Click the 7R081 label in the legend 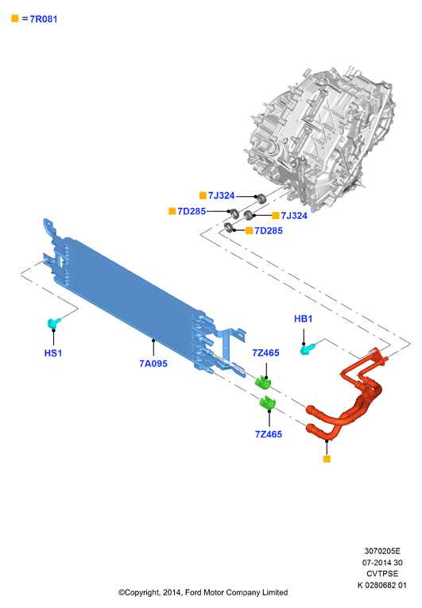click(44, 19)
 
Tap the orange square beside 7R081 click(15, 18)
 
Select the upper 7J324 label click(221, 195)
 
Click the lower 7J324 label click(294, 216)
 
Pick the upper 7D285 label click(192, 211)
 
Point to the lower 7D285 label click(269, 231)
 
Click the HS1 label click(53, 353)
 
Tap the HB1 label click(304, 319)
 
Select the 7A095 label click(153, 364)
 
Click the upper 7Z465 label click(266, 353)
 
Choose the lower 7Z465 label click(269, 434)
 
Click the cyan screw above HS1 click(54, 322)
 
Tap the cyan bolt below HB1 click(308, 348)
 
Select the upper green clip click(262, 382)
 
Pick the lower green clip click(267, 402)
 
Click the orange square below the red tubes click(327, 459)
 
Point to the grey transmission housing click(320, 136)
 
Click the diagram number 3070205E click(382, 551)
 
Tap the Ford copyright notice click(203, 592)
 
